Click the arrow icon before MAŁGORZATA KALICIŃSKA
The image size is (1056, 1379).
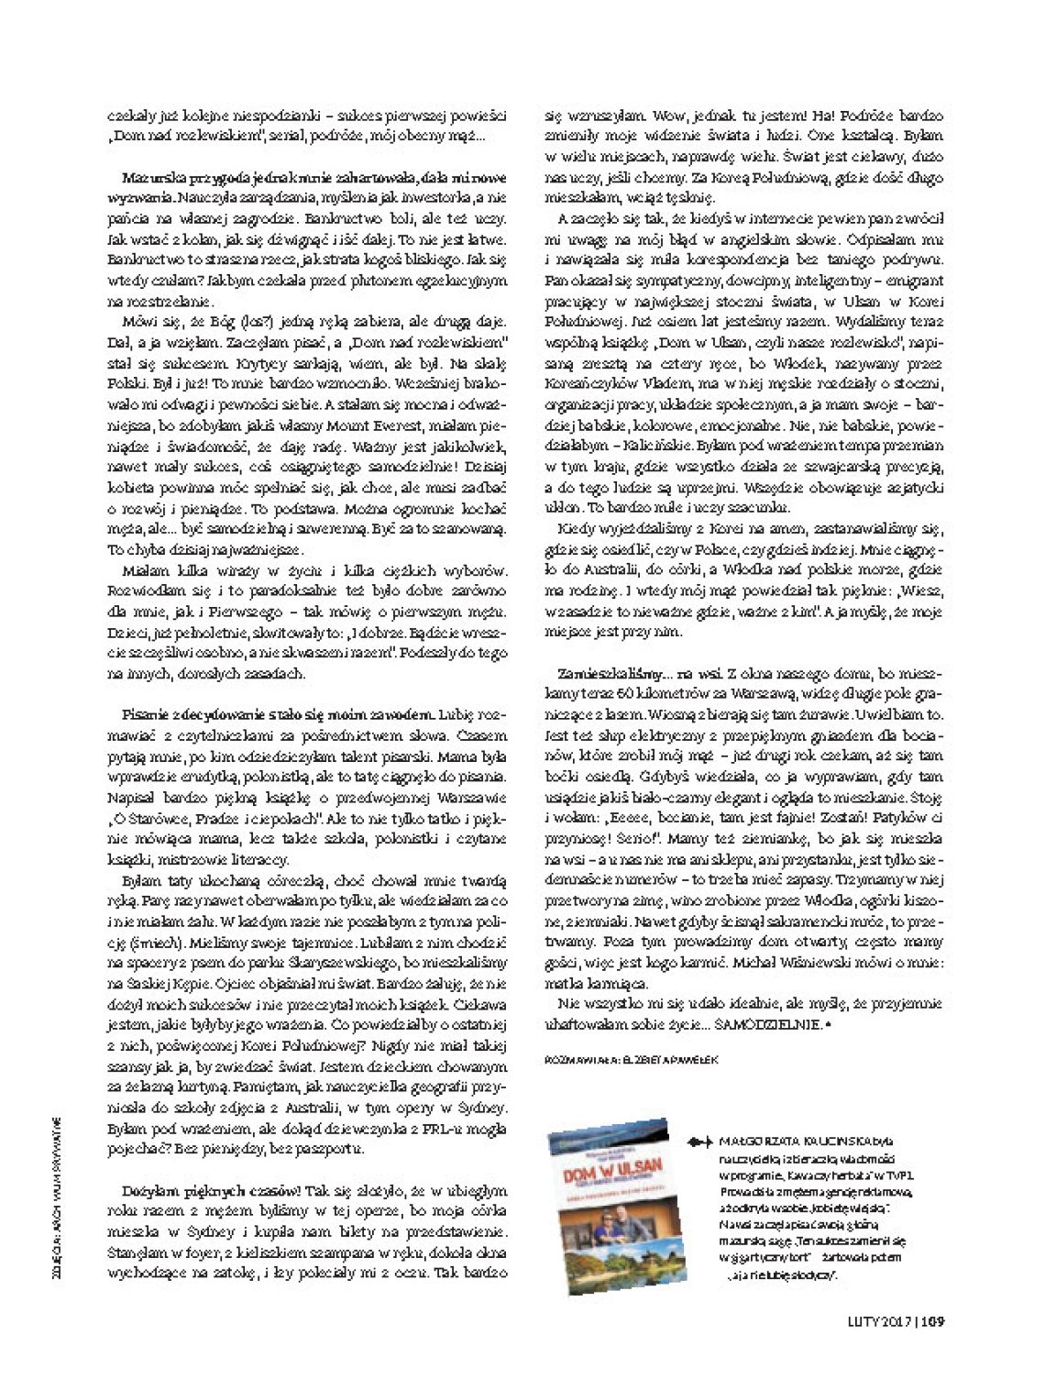coord(698,1142)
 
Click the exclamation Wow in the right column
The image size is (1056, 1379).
coord(666,116)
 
